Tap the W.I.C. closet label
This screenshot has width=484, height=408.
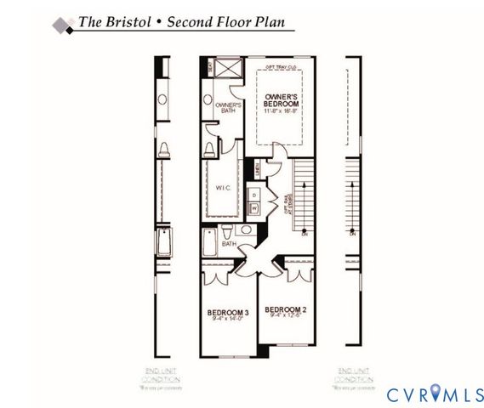225,187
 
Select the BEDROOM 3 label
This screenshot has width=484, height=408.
227,314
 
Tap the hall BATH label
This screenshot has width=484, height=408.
229,244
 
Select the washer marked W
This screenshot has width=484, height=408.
253,207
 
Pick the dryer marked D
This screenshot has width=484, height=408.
253,194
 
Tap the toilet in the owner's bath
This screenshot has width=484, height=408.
209,150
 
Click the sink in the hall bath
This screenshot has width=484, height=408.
242,229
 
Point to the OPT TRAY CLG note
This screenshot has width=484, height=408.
280,65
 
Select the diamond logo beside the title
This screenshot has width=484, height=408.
62,25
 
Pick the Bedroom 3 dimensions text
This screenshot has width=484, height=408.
227,321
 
